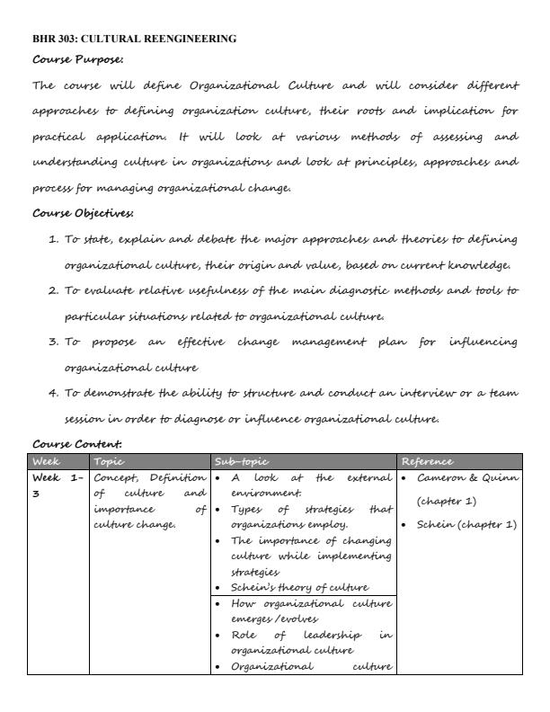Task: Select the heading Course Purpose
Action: click(77, 59)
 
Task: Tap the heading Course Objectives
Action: click(83, 213)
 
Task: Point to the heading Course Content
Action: click(77, 444)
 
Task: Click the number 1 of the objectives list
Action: click(52, 239)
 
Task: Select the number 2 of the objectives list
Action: click(52, 290)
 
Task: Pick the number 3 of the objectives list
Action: click(52, 342)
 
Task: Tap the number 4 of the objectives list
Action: click(52, 393)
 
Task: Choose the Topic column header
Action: click(109, 461)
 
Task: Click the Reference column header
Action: click(428, 461)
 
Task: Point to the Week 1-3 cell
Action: click(58, 485)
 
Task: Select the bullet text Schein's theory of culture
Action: click(287, 588)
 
